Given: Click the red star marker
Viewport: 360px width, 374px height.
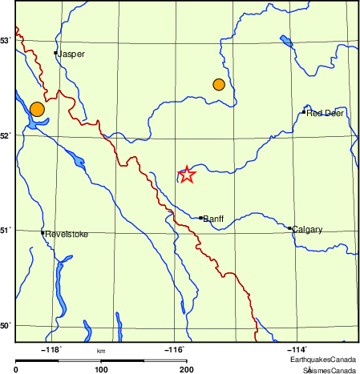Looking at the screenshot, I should coord(186,175).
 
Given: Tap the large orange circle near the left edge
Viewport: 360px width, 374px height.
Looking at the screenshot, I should coord(36,110).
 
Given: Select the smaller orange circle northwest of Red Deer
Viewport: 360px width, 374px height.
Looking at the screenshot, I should coord(219,84).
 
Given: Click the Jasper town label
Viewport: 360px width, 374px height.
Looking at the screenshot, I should coord(71,54).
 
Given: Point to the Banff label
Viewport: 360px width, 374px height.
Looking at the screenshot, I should coord(213,219).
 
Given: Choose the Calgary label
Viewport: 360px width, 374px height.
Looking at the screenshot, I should coord(307,230).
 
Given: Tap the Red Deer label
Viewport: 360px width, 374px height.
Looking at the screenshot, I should coord(325,114).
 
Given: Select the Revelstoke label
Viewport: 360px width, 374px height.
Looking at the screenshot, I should coord(66,234).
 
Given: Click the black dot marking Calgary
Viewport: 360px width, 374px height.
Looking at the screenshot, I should coord(289,228).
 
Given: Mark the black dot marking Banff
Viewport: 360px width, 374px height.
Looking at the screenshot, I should coord(200,217).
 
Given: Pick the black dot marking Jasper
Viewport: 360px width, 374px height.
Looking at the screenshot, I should coord(55,53).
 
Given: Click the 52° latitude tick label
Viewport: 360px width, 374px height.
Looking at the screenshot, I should coord(6,135).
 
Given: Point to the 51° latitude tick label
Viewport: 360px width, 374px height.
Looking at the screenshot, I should coord(6,231).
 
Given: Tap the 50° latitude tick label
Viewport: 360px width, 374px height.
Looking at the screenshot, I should coord(6,325).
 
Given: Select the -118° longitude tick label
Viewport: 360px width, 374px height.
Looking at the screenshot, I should coord(52,349).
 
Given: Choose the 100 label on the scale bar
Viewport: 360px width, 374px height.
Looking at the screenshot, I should coord(101,369).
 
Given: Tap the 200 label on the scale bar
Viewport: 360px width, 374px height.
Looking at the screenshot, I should coord(185,369).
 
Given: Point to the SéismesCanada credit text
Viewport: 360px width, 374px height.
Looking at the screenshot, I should coord(329,370).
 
